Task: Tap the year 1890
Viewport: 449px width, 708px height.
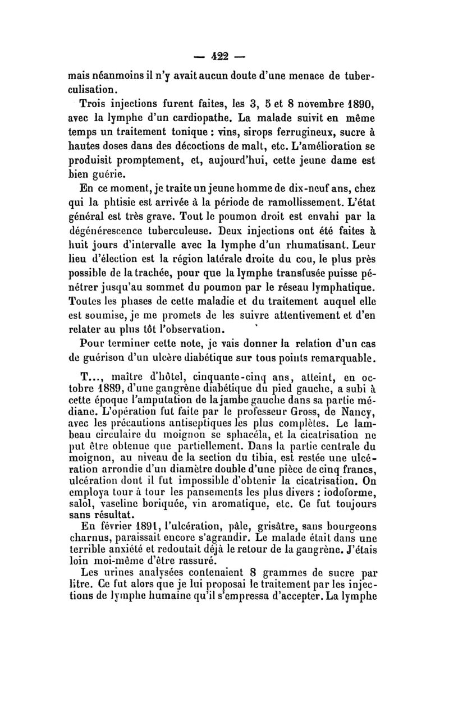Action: pyautogui.click(x=360, y=104)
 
